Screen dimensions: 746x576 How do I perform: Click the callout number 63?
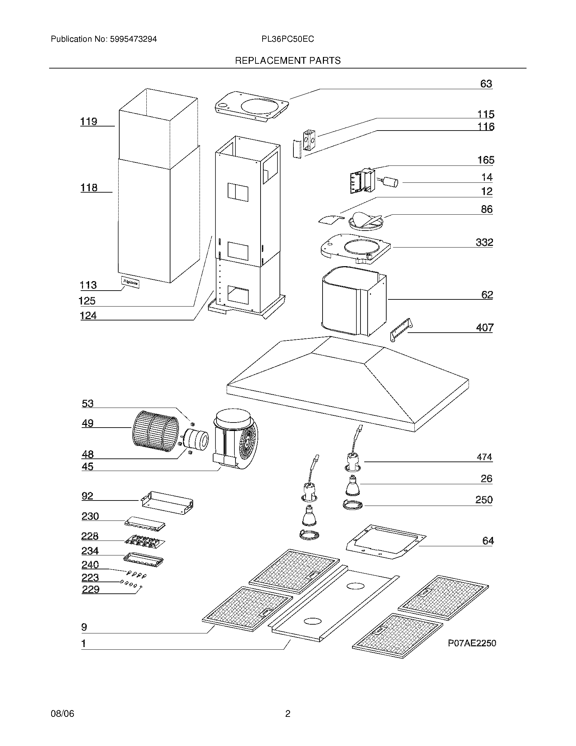click(486, 84)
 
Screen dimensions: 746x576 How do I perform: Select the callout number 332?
click(484, 242)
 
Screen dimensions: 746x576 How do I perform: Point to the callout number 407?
click(485, 328)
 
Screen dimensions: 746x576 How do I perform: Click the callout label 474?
click(484, 457)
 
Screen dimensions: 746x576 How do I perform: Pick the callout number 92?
click(87, 496)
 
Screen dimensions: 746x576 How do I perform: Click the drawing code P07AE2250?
click(472, 643)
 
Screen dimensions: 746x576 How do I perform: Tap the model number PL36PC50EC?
click(288, 39)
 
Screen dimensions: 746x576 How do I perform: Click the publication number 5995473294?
click(133, 39)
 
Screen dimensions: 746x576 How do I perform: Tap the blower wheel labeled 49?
click(155, 431)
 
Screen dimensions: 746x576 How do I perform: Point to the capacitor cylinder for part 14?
click(390, 182)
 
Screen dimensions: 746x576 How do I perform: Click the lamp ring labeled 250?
click(352, 505)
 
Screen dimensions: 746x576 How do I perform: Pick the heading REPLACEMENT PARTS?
click(288, 61)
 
